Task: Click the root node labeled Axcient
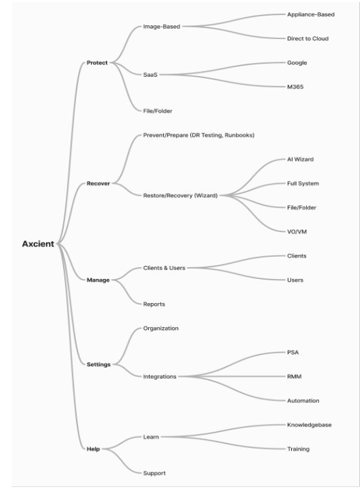click(38, 244)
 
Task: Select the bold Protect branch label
click(97, 62)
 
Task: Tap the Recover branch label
click(98, 183)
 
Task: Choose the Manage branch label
click(98, 280)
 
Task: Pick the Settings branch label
click(99, 364)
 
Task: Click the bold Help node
click(93, 449)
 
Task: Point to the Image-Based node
click(161, 27)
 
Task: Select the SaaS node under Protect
click(150, 75)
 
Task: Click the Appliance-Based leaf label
click(311, 15)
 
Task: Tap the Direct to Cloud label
click(307, 38)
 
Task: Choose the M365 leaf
click(295, 86)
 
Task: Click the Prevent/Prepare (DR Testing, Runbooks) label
click(199, 135)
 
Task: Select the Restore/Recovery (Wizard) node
click(180, 196)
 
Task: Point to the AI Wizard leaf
click(300, 159)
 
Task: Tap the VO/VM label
click(297, 231)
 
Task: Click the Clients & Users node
click(164, 268)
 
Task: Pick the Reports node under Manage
click(154, 304)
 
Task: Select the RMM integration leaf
click(294, 377)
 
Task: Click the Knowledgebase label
click(309, 425)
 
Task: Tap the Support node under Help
click(154, 473)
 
